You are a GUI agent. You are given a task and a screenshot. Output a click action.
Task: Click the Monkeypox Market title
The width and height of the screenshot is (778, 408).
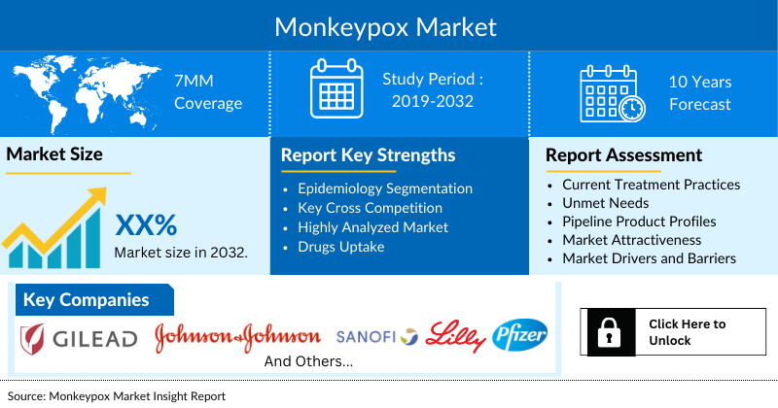385,25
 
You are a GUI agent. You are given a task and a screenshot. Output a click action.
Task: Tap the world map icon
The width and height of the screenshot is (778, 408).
82,90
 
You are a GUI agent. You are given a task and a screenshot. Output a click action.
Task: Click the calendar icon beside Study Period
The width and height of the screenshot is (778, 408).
336,89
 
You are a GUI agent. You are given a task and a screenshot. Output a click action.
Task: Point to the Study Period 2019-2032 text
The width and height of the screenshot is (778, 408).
433,89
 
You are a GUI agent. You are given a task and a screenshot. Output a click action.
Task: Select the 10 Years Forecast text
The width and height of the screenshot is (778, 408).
699,92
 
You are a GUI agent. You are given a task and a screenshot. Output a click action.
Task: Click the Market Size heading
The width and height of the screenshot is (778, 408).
54,154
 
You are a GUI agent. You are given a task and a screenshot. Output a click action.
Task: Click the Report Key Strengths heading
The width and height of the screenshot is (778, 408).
368,155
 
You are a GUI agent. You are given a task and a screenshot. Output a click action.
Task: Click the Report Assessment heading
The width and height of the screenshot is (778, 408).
623,155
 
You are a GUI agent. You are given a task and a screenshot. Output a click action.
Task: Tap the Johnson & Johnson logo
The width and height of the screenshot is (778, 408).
237,337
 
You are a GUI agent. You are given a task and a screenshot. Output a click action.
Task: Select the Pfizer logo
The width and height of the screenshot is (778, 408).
520,336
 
